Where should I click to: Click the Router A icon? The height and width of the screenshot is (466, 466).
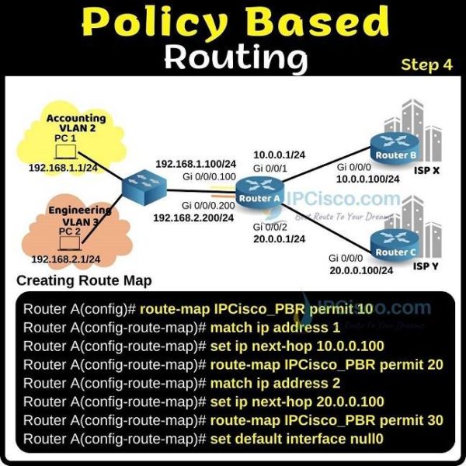(x=259, y=193)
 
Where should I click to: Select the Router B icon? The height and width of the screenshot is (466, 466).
(x=395, y=148)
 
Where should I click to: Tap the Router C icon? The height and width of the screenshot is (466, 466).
(x=395, y=245)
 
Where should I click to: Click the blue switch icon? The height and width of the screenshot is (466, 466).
(x=144, y=187)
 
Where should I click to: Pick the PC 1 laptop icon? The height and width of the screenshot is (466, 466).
(x=66, y=151)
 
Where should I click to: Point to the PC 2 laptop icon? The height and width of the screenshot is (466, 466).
(x=70, y=243)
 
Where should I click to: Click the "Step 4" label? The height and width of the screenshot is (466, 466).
(x=426, y=64)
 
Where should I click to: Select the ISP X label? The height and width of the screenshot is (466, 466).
(x=426, y=171)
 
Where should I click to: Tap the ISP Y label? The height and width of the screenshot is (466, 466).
(x=426, y=266)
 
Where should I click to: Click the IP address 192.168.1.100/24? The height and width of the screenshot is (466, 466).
(x=196, y=164)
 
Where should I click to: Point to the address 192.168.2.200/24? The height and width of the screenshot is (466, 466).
(x=193, y=217)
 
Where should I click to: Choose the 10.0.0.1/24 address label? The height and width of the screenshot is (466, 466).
(x=279, y=155)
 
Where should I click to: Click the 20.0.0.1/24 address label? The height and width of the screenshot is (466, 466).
(x=279, y=239)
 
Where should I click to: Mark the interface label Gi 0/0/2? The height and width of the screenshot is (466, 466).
(x=270, y=227)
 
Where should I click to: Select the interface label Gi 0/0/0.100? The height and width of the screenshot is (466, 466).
(x=209, y=176)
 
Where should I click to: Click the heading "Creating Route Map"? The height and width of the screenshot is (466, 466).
(x=84, y=280)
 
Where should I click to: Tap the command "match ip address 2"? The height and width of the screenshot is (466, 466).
(x=275, y=383)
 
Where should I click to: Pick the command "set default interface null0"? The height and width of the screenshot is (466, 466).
(x=297, y=439)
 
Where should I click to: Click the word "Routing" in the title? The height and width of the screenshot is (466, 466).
(x=236, y=58)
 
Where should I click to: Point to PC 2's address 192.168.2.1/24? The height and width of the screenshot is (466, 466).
(x=66, y=259)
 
